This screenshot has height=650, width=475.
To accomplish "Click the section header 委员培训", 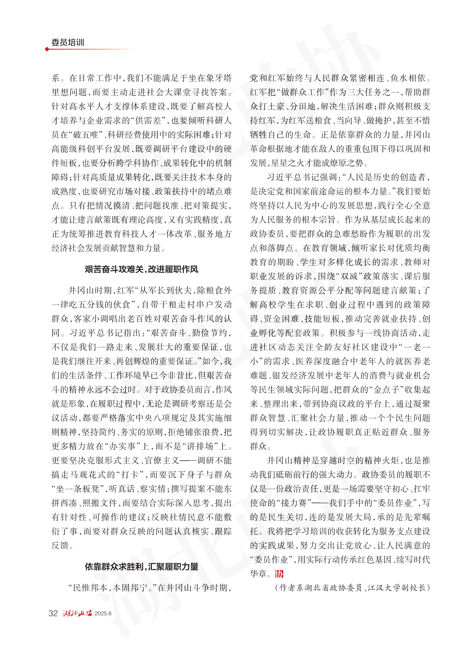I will click(68, 43).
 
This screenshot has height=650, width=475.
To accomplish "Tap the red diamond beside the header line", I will click(47, 49).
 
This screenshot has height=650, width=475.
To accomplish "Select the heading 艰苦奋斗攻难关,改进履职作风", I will click(141, 269).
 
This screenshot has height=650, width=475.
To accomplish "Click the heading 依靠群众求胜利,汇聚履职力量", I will click(141, 567).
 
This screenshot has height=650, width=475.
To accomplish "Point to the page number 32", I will click(53, 613).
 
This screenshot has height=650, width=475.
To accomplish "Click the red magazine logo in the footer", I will click(77, 613).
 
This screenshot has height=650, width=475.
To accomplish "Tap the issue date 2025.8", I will click(103, 614).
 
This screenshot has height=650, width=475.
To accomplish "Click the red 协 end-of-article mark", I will click(279, 574).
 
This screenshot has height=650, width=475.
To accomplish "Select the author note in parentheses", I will click(352, 588).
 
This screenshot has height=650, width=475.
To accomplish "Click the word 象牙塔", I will click(219, 78).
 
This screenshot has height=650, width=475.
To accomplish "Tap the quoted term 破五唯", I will click(86, 135).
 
